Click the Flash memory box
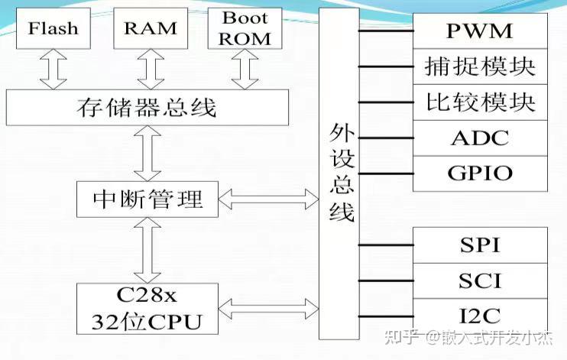pyautogui.click(x=53, y=30)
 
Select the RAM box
pyautogui.click(x=150, y=30)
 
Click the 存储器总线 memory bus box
pyautogui.click(x=147, y=108)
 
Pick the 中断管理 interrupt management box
pyautogui.click(x=147, y=199)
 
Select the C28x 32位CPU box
pyautogui.click(x=147, y=308)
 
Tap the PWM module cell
pyautogui.click(x=480, y=32)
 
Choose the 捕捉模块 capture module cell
pyautogui.click(x=480, y=66)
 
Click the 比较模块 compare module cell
pyautogui.click(x=480, y=102)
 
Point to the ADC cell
pyautogui.click(x=480, y=138)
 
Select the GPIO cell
pyautogui.click(x=480, y=173)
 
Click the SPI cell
pyautogui.click(x=480, y=245)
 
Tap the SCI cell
pyautogui.click(x=480, y=281)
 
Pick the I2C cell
pyautogui.click(x=480, y=314)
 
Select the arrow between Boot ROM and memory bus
pyautogui.click(x=246, y=70)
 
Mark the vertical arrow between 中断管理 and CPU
pyautogui.click(x=146, y=249)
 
